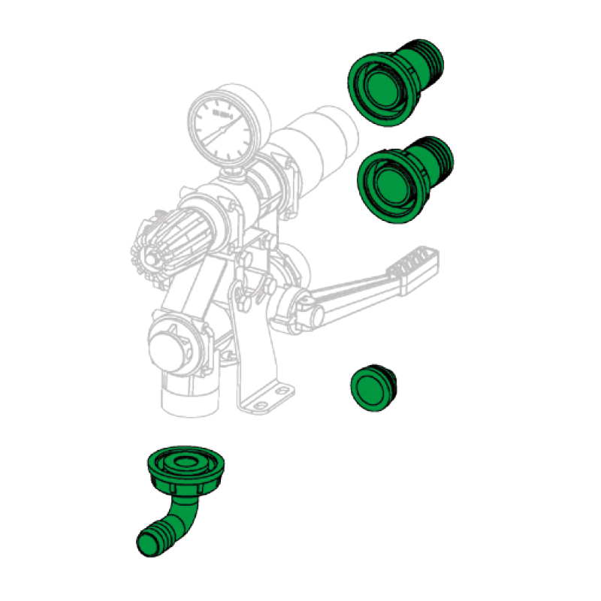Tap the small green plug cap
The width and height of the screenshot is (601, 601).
[373, 388]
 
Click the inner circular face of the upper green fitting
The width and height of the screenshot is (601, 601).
[379, 86]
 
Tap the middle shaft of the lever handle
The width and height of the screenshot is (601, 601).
[353, 288]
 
